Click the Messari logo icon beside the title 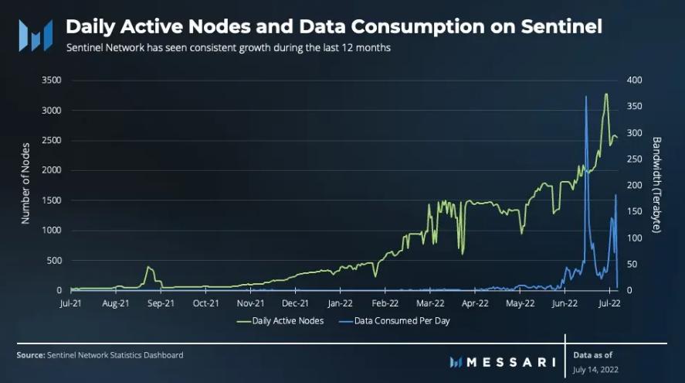36,35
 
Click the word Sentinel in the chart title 554,26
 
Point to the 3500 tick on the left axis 50,80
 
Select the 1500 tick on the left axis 50,200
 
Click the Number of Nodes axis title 25,183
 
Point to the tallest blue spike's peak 586,96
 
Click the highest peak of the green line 606,94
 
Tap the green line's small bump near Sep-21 148,268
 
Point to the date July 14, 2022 596,370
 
